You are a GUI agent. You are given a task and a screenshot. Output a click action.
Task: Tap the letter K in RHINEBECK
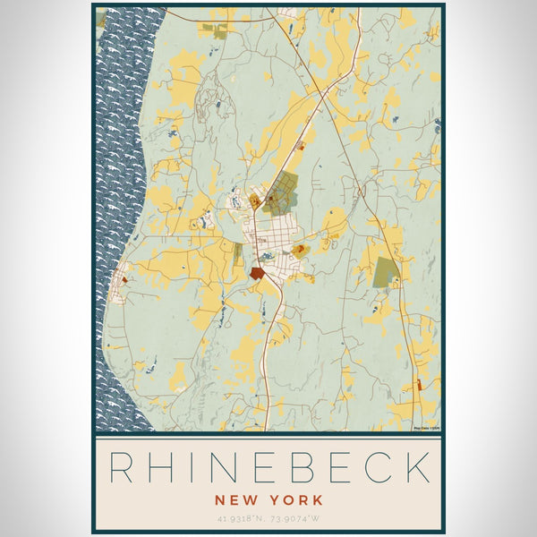(416, 468)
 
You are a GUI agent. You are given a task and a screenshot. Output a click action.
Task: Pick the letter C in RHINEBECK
(379, 468)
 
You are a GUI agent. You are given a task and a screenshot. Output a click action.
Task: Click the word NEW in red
(233, 499)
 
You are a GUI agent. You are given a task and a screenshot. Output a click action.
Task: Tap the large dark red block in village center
(259, 273)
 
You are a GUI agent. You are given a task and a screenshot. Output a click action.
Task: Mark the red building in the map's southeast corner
(418, 385)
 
